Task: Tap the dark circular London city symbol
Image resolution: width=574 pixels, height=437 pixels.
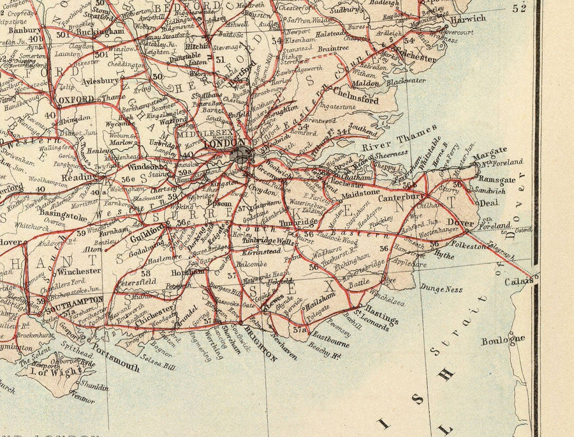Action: (x=242, y=153)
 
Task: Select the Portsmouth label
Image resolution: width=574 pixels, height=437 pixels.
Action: (x=115, y=360)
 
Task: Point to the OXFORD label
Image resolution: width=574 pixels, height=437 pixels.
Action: (x=75, y=99)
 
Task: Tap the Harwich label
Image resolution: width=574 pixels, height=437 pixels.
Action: (x=467, y=19)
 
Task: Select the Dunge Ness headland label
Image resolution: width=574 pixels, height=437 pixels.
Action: (x=441, y=289)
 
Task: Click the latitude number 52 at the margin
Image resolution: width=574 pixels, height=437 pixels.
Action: (x=520, y=8)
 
